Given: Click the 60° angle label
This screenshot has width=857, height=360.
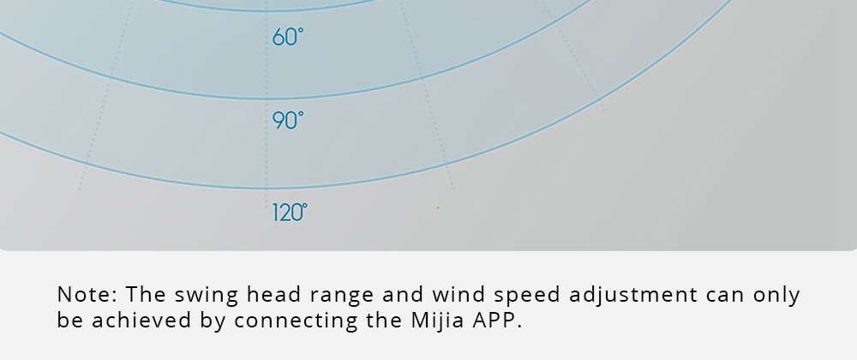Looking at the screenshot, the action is point(287,37).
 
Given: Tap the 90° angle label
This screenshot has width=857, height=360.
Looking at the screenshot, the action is point(287,120).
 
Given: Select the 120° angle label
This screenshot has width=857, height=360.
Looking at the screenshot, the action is point(290,212).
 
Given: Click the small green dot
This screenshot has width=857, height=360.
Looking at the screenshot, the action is point(438,207).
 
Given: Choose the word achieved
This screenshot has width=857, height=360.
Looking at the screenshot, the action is point(141,320).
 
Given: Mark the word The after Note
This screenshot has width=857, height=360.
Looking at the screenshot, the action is point(146,295).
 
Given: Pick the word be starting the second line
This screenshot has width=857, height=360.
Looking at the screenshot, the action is point(70,320).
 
